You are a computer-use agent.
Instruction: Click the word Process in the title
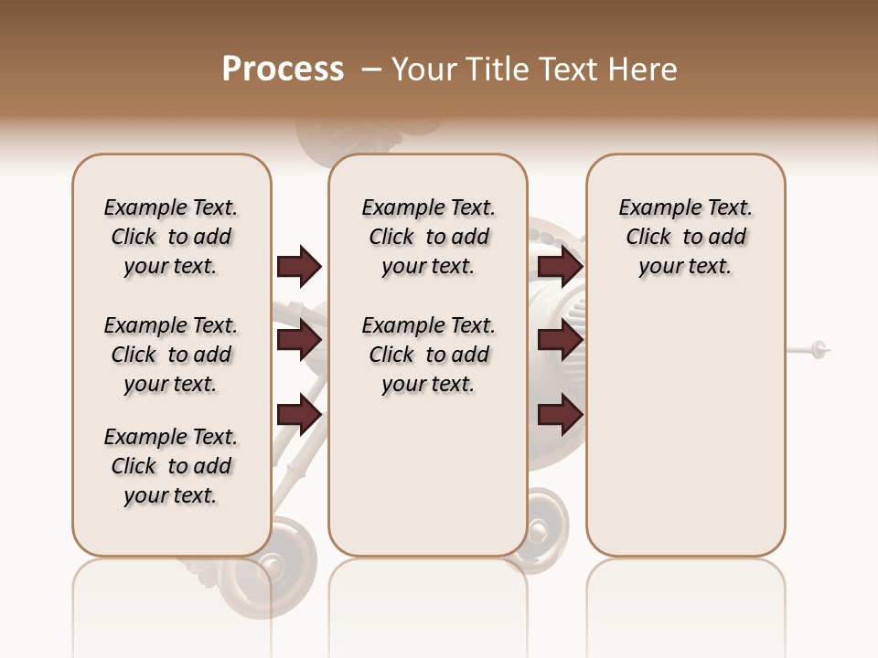coord(283,69)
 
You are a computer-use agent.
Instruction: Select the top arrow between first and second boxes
coord(299,266)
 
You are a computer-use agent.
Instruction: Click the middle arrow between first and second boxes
coord(299,341)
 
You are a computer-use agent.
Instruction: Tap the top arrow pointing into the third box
coord(560,266)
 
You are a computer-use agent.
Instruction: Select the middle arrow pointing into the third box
coord(560,341)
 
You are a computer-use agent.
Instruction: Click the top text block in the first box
coord(171,237)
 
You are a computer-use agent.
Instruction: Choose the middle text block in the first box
coord(171,355)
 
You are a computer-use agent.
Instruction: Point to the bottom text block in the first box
coord(171,466)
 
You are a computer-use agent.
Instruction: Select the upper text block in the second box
coord(428,237)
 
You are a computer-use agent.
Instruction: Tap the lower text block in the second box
coord(428,355)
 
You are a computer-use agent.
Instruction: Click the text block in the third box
coord(685,237)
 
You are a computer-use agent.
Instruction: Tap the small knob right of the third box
coord(819,348)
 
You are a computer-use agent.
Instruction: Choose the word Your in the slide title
coord(423,69)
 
